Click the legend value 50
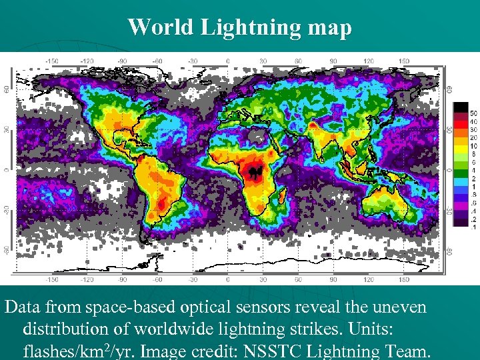[x=473, y=113]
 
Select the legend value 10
[x=473, y=146]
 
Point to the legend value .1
[x=473, y=227]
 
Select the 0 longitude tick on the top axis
[x=228, y=61]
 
